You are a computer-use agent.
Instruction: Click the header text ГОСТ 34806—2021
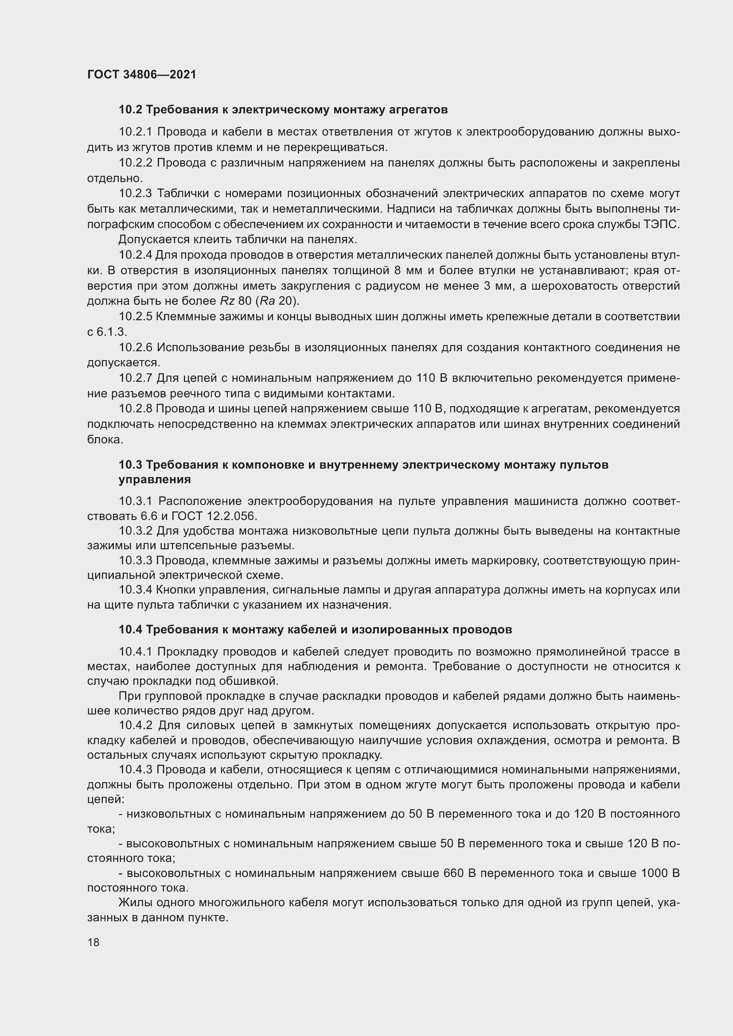tap(142, 74)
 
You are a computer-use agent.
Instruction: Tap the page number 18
tap(94, 942)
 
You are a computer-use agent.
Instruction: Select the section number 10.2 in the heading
tap(130, 110)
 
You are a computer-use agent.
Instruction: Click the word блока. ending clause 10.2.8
tap(105, 439)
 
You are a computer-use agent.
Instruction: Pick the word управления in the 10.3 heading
tap(154, 480)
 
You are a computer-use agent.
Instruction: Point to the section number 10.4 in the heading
tap(130, 629)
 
